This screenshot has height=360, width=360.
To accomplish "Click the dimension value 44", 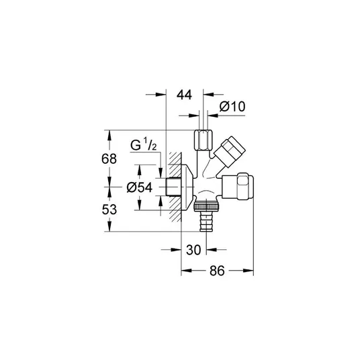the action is click(x=184, y=95).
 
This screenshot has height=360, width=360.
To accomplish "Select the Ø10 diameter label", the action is click(x=232, y=107).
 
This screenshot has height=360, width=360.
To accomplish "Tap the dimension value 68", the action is click(x=109, y=159).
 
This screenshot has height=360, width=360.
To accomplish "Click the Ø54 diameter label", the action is click(x=139, y=187).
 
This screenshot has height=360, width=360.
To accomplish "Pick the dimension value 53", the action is click(x=109, y=210).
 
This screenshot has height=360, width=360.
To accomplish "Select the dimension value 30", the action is click(x=193, y=250).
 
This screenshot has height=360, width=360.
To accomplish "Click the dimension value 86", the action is click(x=217, y=271).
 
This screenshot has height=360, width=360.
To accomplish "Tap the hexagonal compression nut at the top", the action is click(x=204, y=140).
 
